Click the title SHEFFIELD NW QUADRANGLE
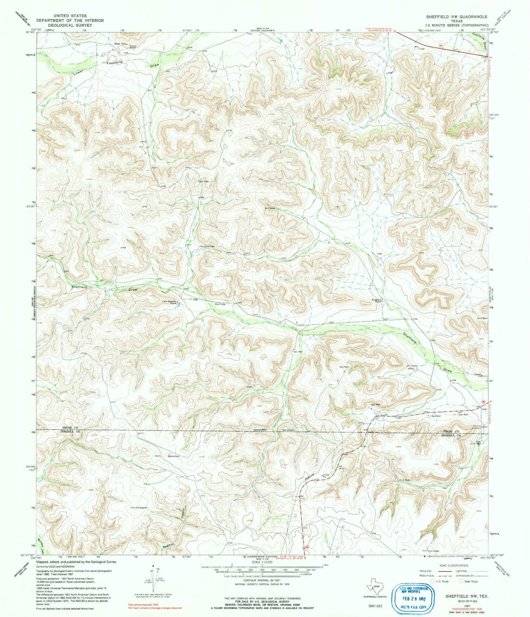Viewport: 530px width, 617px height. pos(456,16)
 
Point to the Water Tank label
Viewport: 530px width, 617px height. pos(120,44)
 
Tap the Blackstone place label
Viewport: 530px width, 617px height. pos(173,456)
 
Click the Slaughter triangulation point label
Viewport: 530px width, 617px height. pos(140,507)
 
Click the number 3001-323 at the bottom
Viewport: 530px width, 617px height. pos(374,606)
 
